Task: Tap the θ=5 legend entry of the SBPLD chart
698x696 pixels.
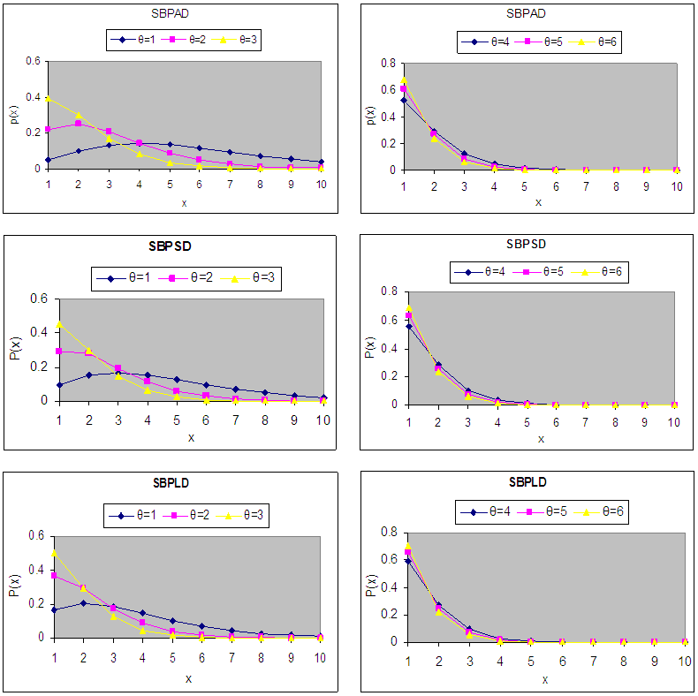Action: click(x=545, y=511)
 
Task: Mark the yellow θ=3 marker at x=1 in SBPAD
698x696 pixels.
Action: click(x=48, y=98)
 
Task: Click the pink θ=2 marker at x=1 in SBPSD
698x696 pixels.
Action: click(x=58, y=351)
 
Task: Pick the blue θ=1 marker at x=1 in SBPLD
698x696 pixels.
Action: click(x=55, y=609)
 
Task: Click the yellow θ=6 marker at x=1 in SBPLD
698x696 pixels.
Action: click(x=407, y=546)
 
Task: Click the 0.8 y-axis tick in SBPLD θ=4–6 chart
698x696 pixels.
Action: click(x=387, y=533)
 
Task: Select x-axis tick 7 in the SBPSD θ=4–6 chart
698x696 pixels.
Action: click(x=585, y=421)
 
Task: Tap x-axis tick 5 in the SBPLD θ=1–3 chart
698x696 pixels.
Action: click(x=173, y=657)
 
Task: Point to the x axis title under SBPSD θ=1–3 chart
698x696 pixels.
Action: click(x=190, y=437)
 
